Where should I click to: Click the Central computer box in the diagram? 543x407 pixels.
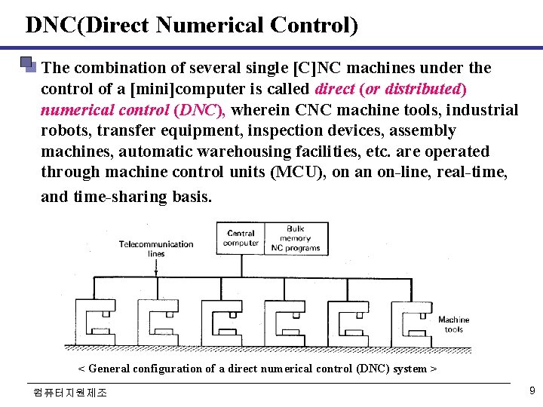pyautogui.click(x=241, y=238)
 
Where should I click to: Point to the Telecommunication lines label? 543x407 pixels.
pyautogui.click(x=156, y=248)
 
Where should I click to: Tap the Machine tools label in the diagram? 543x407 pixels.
pyautogui.click(x=453, y=324)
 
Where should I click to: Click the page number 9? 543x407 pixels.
pyautogui.click(x=532, y=390)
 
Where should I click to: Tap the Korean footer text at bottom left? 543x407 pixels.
pyautogui.click(x=70, y=393)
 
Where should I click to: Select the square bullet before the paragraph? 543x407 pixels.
pyautogui.click(x=29, y=64)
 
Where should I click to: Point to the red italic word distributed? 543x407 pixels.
pyautogui.click(x=422, y=89)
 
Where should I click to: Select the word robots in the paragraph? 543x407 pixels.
pyautogui.click(x=65, y=130)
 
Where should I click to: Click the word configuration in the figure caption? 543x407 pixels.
pyautogui.click(x=167, y=369)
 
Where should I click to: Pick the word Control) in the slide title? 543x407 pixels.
pyautogui.click(x=311, y=26)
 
